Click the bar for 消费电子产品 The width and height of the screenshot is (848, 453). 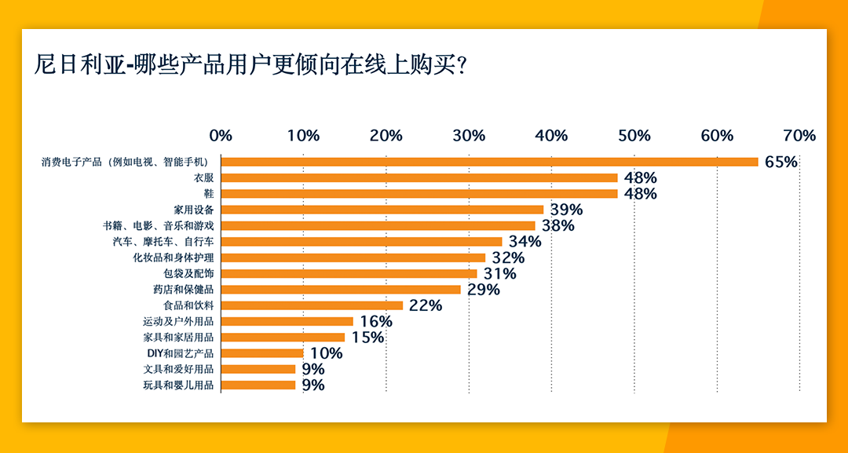click(x=489, y=162)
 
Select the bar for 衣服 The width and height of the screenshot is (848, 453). click(x=419, y=177)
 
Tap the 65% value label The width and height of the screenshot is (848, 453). click(x=780, y=163)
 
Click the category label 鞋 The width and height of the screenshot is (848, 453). click(x=209, y=194)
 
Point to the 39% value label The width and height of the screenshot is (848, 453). click(x=565, y=210)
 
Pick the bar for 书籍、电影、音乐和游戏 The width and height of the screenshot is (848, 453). click(x=378, y=225)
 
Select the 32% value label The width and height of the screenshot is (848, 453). click(x=507, y=258)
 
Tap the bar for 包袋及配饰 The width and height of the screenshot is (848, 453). click(x=349, y=273)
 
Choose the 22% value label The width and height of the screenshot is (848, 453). click(x=425, y=305)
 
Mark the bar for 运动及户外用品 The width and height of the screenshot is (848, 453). click(x=287, y=321)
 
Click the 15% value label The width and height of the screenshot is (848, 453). click(x=367, y=338)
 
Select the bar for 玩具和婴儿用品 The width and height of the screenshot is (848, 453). click(x=258, y=385)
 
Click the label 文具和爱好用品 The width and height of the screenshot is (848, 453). click(x=178, y=369)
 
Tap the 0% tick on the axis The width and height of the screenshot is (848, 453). click(x=221, y=135)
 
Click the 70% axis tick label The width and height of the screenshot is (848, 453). click(x=799, y=135)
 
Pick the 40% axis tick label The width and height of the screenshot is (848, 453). click(x=551, y=135)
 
